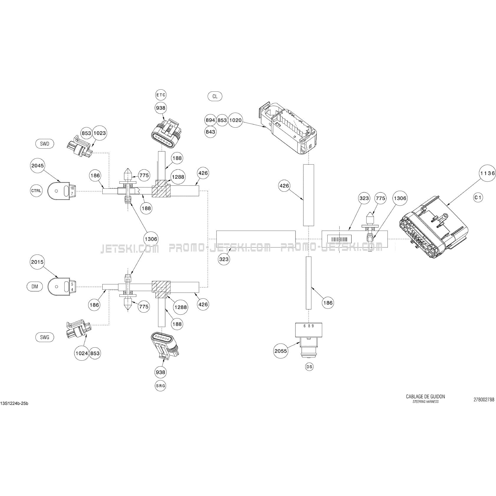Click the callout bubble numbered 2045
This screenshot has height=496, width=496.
(x=37, y=165)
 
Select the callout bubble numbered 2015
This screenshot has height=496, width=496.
(x=37, y=262)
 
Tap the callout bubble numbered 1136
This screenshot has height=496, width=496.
(x=487, y=173)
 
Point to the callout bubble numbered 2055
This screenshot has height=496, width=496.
(x=280, y=351)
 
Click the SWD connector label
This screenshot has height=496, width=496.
(x=45, y=144)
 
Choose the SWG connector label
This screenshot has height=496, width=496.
(x=45, y=337)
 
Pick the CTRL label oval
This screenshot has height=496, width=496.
(x=36, y=190)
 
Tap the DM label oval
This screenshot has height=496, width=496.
(x=35, y=286)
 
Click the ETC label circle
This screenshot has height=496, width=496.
(x=161, y=95)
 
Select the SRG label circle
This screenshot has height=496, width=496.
(x=160, y=385)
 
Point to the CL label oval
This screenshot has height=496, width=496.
(x=215, y=96)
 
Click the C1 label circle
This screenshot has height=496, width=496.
(x=478, y=197)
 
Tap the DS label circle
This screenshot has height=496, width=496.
(x=309, y=367)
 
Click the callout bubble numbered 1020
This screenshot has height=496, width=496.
(x=235, y=120)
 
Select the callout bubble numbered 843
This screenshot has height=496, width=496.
(x=210, y=132)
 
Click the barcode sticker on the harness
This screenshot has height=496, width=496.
(x=341, y=239)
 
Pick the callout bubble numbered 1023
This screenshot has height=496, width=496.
(x=100, y=133)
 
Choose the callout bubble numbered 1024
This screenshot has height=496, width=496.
(x=82, y=353)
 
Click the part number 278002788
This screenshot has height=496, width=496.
(x=484, y=400)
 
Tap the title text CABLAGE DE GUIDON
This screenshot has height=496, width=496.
(x=425, y=397)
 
